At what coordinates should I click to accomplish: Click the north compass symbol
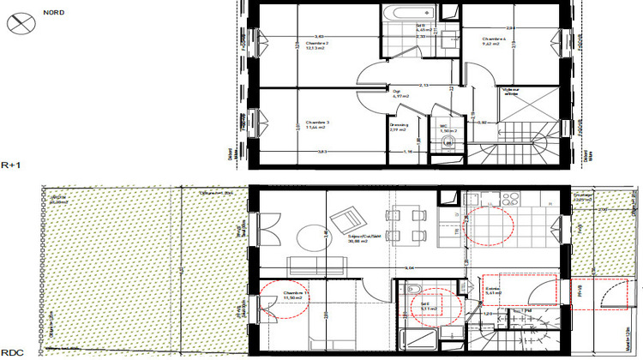coord(19,25)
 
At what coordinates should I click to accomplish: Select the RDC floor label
coord(12,352)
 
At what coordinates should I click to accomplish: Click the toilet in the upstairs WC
coord(443,144)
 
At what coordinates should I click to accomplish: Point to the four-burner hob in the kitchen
coord(510,199)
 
